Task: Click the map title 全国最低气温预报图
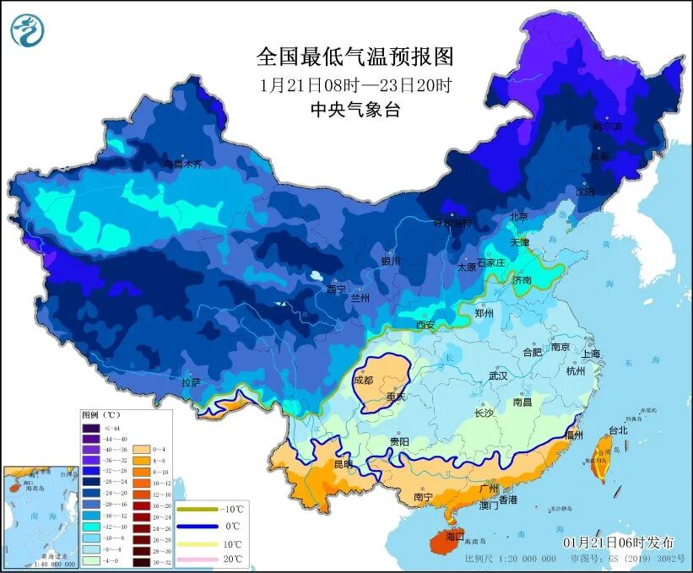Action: point(355,57)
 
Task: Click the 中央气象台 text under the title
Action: point(355,110)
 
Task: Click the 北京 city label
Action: point(518,217)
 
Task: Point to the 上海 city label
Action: point(589,354)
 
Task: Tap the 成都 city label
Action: point(364,380)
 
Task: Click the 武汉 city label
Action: point(500,376)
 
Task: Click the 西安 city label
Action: point(425,325)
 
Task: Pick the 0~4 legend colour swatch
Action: point(139,450)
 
